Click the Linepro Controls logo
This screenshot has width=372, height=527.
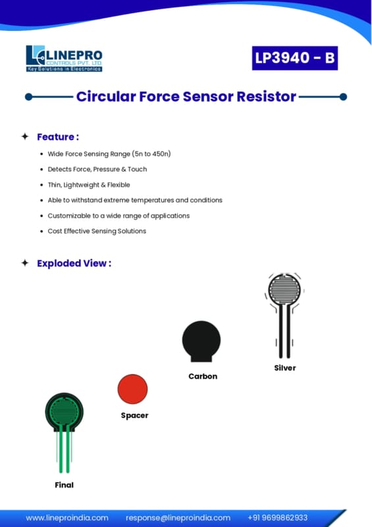(64, 59)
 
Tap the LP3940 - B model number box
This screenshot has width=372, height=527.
(295, 58)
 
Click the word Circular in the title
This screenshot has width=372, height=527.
(106, 96)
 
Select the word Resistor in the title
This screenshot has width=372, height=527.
(266, 96)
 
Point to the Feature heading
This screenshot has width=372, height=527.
(58, 137)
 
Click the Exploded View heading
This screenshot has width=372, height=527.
(74, 263)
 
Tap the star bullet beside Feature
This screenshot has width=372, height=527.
(25, 136)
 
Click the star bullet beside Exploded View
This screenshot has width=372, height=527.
(25, 263)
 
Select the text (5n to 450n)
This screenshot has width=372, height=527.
(151, 153)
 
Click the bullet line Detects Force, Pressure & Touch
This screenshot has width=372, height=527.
(97, 169)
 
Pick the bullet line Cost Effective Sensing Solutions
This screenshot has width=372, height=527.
(97, 231)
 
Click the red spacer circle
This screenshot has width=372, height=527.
(133, 389)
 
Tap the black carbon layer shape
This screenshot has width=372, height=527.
(201, 341)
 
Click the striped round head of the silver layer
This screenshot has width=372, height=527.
(284, 289)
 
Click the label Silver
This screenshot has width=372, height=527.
(285, 368)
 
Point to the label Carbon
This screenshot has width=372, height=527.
(203, 376)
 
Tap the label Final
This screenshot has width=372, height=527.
(64, 485)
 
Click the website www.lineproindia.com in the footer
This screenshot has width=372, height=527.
(67, 518)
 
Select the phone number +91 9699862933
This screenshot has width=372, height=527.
(278, 518)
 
